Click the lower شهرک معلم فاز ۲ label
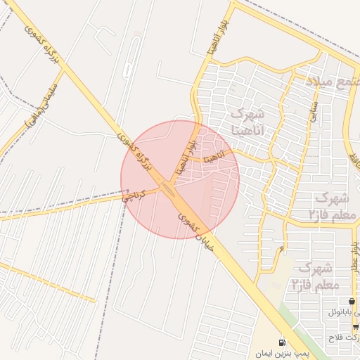click(315, 276)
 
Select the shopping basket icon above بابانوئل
click(351, 302)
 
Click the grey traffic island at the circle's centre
click(169, 188)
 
